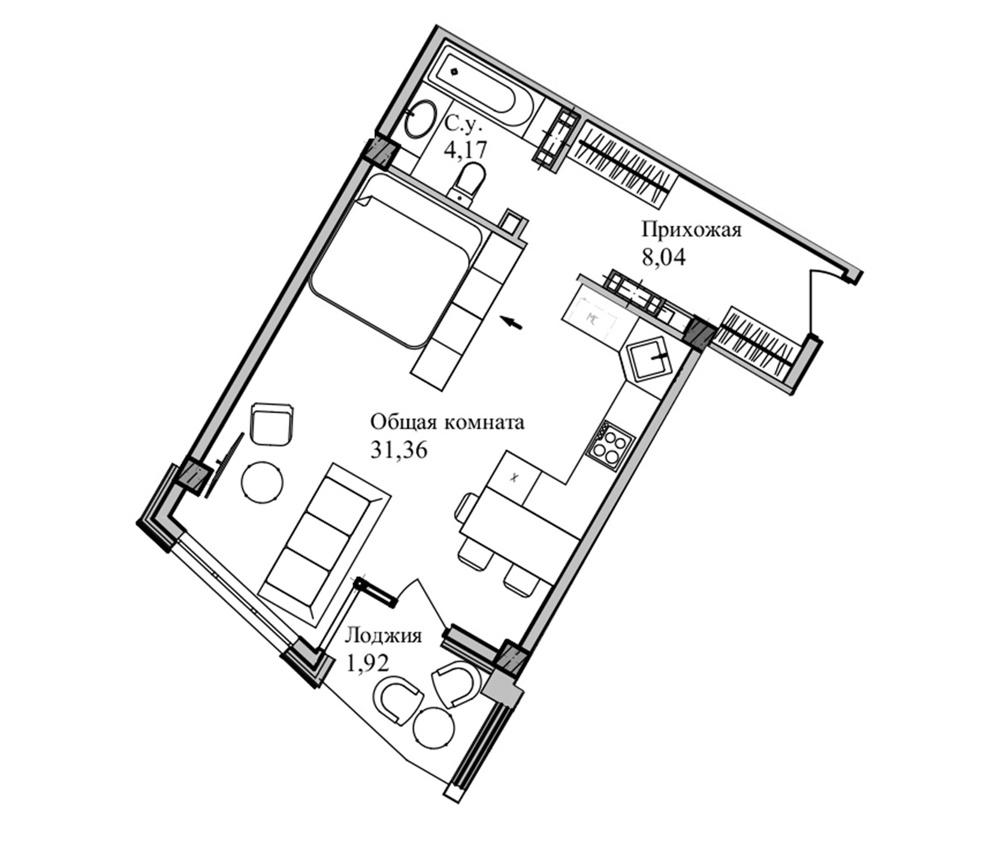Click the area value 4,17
465,150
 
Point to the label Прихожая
691,231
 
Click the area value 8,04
663,258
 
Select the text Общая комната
447,422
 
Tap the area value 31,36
398,450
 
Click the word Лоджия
383,635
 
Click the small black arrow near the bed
513,323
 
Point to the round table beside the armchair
262,483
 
